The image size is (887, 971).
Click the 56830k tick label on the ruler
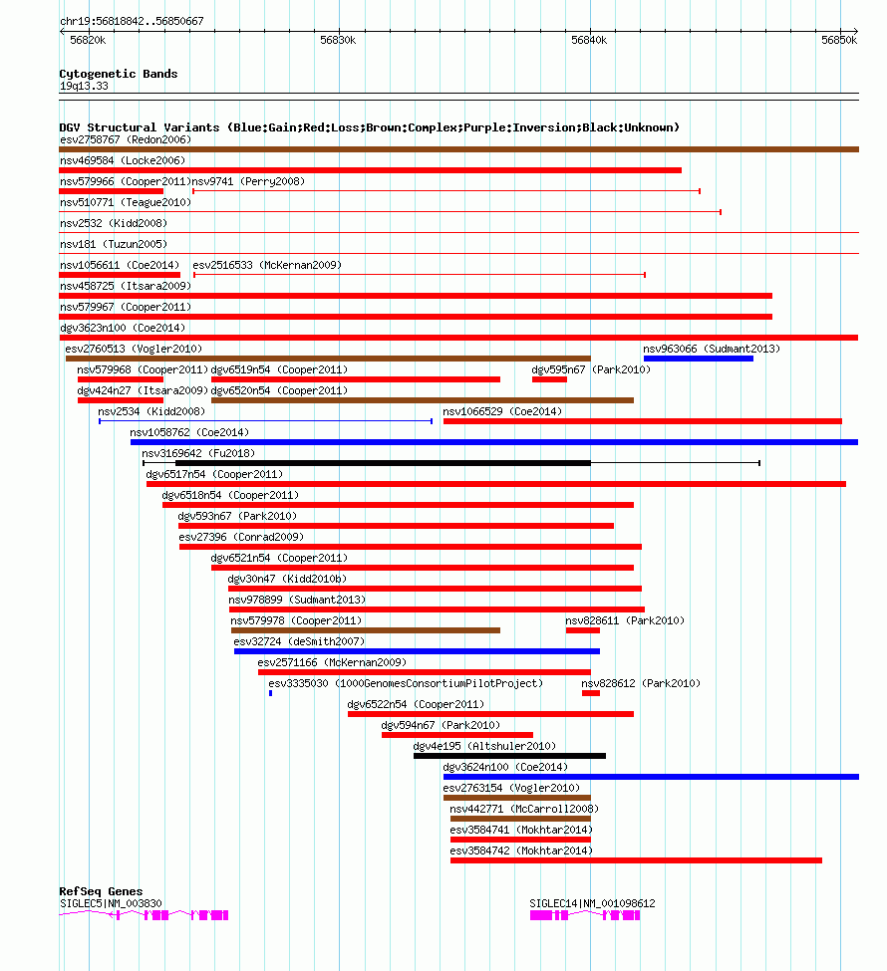338,40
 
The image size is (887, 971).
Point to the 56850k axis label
839,40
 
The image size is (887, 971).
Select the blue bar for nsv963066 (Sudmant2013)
698,359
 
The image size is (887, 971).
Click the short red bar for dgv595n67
549,379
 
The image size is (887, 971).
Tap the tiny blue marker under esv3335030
270,693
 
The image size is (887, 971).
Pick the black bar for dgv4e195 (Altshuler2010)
509,756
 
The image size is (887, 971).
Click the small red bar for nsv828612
591,693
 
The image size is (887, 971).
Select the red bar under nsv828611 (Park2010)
583,630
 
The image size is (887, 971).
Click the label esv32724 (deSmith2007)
299,641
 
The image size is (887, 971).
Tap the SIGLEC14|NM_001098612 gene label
592,903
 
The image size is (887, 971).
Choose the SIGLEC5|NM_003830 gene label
111,903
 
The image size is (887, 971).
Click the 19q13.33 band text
84,86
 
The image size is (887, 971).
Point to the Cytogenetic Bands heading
119,74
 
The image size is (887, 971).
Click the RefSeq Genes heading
101,891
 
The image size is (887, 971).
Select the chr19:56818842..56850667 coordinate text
132,21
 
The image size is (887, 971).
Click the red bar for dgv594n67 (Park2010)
456,735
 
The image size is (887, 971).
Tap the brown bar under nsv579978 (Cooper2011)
366,630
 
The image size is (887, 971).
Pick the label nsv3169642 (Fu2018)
198,453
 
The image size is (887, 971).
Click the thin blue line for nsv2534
265,421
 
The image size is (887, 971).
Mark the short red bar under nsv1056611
120,275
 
